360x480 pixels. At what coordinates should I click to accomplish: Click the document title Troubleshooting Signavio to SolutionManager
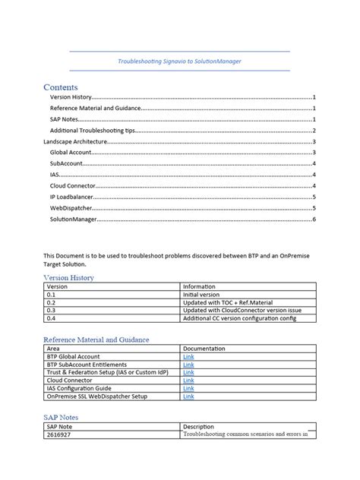click(180, 61)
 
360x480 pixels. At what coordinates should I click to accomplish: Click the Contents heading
click(61, 87)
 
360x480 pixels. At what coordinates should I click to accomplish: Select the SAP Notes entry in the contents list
click(65, 119)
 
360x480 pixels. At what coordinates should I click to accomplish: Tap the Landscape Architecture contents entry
click(74, 142)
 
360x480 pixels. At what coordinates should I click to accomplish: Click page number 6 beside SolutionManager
click(314, 219)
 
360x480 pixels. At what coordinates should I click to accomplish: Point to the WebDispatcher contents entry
click(72, 208)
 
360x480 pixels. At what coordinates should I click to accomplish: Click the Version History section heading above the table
click(68, 278)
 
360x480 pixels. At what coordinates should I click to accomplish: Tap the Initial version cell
click(201, 294)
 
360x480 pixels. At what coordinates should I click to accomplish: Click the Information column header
click(200, 286)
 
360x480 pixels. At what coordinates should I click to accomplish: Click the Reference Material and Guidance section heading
click(96, 339)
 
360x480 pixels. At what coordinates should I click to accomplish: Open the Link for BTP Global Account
click(188, 356)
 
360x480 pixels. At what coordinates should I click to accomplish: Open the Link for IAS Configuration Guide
click(188, 388)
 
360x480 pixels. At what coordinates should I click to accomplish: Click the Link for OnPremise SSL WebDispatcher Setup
click(188, 396)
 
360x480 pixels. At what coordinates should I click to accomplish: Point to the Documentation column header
click(204, 348)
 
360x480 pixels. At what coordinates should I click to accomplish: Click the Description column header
click(199, 427)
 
